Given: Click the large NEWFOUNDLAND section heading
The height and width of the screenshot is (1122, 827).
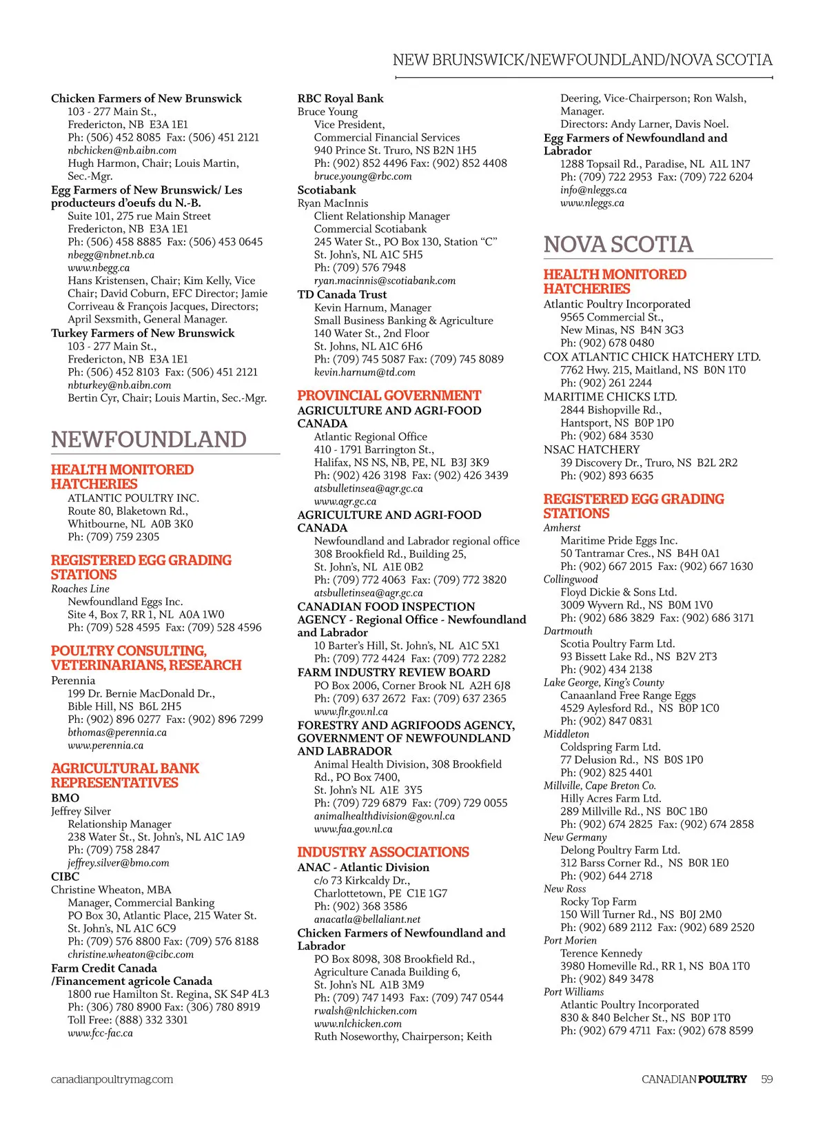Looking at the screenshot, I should click(149, 440).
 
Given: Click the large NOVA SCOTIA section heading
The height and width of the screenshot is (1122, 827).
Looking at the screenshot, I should click(618, 245).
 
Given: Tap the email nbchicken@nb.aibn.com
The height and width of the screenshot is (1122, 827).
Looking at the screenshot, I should click(122, 150).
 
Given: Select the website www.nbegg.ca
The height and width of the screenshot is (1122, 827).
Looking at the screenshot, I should click(99, 268).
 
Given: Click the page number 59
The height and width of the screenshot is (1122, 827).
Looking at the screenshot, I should click(766, 1079).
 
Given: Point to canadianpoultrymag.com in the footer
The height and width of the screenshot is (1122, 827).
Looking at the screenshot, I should click(112, 1079).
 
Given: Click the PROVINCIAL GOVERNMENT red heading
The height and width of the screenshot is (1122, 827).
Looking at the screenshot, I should click(389, 396).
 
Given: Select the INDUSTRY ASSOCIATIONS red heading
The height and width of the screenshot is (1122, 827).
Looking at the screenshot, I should click(383, 853).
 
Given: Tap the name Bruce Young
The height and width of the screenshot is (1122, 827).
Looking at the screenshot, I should click(327, 112).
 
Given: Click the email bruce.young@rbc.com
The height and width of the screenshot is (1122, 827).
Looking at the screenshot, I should click(363, 176).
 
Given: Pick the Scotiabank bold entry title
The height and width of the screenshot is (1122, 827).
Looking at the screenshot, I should click(327, 190).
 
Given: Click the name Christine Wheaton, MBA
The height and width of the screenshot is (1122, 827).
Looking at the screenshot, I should click(111, 890).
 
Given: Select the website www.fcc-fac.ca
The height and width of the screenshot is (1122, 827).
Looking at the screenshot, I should click(101, 1033).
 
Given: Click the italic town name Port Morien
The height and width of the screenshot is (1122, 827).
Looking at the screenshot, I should click(570, 941).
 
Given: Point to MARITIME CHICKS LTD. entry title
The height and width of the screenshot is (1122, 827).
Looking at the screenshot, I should click(610, 397).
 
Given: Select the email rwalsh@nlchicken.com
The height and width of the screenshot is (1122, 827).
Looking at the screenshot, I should click(365, 1011).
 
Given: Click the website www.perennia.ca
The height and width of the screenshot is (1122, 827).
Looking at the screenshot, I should click(105, 746).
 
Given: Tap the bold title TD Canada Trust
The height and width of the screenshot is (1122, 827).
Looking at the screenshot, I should click(342, 294).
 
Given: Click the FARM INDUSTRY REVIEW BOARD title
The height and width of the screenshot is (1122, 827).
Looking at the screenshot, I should click(394, 673).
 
